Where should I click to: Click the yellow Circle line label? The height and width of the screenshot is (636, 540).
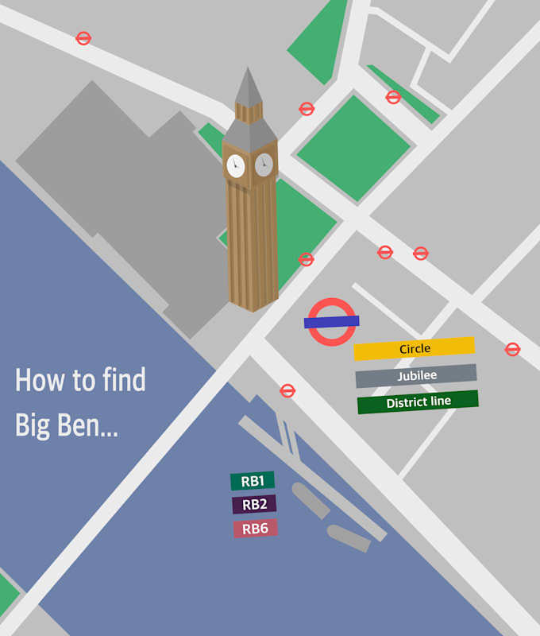point(414,348)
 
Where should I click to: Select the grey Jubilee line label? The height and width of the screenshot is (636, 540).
point(416,375)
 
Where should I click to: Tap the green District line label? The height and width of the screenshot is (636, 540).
point(418,402)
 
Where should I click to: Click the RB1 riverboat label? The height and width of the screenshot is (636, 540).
point(253,481)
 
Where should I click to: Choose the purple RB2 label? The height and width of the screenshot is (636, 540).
point(254,504)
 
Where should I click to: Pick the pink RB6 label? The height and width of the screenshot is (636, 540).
point(255,528)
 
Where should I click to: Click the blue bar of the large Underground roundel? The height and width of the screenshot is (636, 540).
point(332,321)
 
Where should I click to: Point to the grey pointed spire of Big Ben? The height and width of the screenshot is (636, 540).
point(249,87)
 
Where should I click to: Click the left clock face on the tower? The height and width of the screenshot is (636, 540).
point(235,166)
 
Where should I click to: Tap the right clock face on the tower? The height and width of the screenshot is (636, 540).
point(264,165)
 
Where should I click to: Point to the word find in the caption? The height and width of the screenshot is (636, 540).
point(124,380)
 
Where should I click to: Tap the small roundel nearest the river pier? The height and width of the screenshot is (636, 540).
point(287,390)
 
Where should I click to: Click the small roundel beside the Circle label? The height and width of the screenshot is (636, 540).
point(512,349)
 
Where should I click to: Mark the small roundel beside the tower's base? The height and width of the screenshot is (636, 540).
point(306,259)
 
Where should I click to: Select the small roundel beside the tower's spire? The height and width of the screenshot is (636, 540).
point(307,109)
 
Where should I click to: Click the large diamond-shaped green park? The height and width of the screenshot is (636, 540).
point(353,148)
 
